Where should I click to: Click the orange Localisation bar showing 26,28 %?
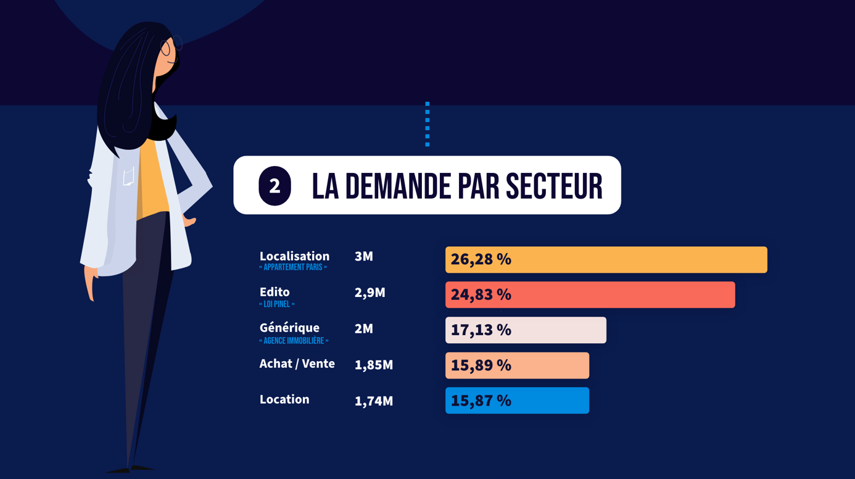tap(606, 260)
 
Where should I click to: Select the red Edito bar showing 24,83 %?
tap(590, 295)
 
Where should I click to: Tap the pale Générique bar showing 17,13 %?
tap(526, 330)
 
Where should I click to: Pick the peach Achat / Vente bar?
tap(517, 365)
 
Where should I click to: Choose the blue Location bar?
tap(517, 401)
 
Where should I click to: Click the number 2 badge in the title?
tap(275, 186)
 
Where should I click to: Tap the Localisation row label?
tap(294, 256)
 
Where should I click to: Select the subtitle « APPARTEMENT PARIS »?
tap(293, 268)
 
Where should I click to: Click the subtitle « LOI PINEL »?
tap(277, 304)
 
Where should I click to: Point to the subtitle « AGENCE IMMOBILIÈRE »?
tap(294, 341)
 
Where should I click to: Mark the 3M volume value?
tap(364, 257)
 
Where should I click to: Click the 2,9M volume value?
tap(370, 293)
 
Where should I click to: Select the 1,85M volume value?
tap(373, 365)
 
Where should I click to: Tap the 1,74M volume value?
tap(373, 401)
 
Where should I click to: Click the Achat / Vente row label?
tap(297, 364)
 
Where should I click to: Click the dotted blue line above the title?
tap(427, 124)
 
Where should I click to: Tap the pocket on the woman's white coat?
tap(128, 177)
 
